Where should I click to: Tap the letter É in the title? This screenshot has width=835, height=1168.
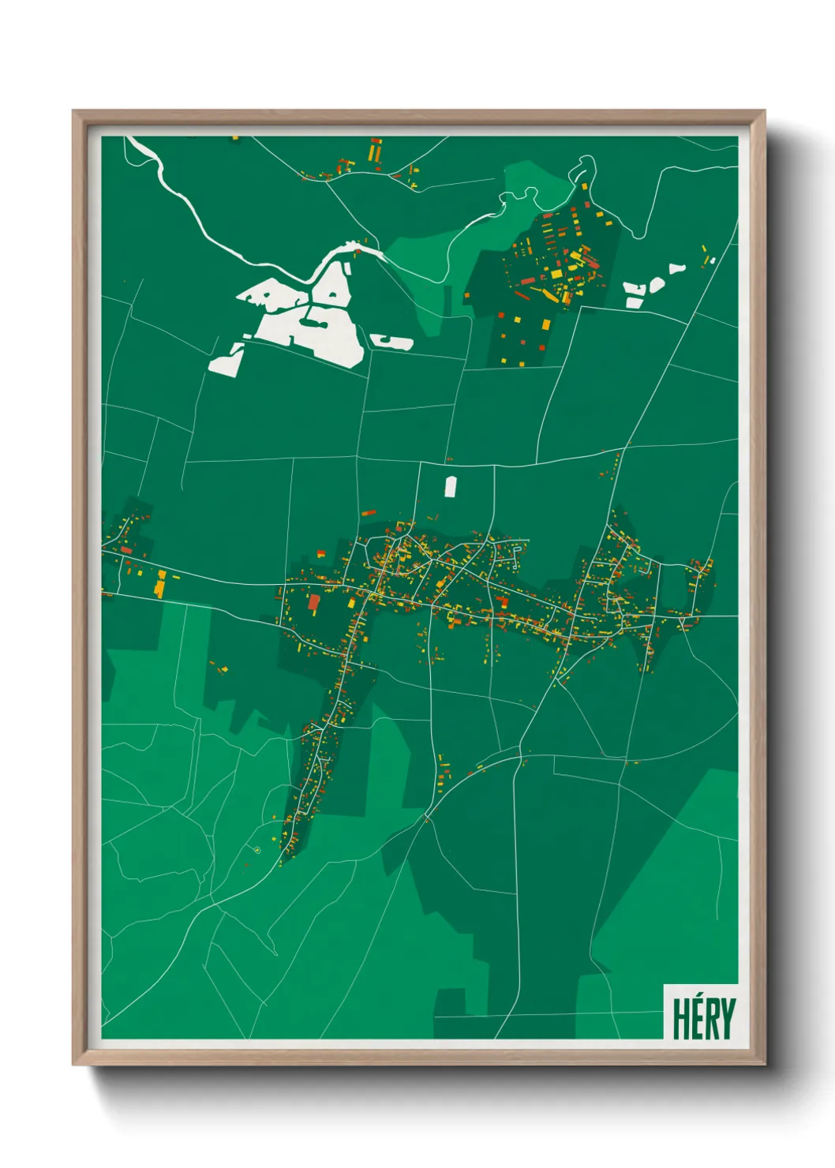pos(697,1021)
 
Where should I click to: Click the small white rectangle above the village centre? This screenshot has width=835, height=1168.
pos(451,487)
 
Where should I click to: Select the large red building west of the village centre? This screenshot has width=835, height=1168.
pos(314,604)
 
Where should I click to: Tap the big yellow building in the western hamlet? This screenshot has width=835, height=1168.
pos(160,585)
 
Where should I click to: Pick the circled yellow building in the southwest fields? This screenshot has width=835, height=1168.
pos(257,850)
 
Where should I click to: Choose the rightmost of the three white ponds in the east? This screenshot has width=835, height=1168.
pos(677,268)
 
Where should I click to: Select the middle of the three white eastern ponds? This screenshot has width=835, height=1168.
pos(656,285)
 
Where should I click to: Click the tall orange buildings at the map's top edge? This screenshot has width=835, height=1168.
pos(375,149)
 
